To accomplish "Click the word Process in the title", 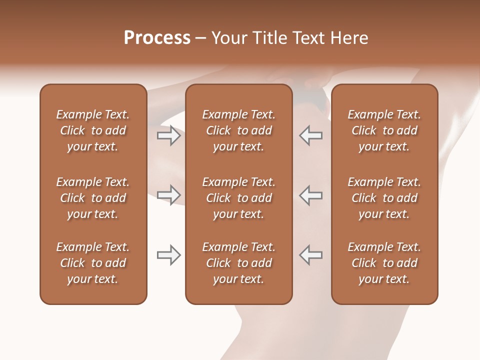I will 157,38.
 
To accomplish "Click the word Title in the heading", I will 268,38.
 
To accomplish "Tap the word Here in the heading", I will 349,38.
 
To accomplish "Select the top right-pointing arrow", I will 168,135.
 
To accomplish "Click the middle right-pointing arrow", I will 168,194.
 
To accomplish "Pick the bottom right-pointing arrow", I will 168,255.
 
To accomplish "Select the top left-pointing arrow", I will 311,135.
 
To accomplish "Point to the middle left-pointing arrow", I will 311,194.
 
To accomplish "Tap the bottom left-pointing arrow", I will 311,255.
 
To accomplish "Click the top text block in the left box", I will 93,130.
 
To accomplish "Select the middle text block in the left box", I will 93,198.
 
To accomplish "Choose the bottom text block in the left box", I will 93,263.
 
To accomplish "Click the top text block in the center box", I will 238,130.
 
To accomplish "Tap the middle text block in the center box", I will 238,198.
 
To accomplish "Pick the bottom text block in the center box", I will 238,263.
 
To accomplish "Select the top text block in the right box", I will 384,130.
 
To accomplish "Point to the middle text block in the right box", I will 384,198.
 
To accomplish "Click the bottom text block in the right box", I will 384,263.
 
